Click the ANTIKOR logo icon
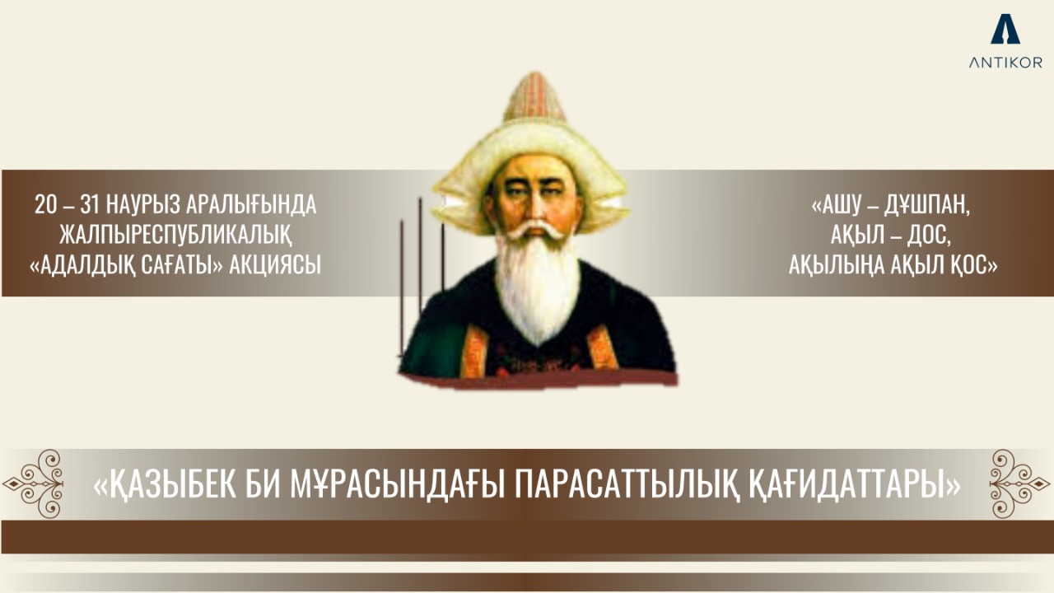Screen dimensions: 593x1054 [1005, 29]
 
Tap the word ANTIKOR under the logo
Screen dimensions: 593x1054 [1005, 63]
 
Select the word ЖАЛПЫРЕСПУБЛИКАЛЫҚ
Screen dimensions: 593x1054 [175, 236]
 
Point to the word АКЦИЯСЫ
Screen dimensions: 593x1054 [277, 265]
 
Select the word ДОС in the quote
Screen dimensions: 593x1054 [930, 236]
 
